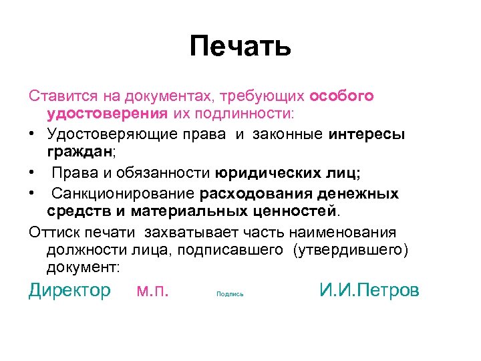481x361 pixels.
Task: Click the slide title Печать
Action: [240, 46]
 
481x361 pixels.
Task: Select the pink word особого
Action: [343, 96]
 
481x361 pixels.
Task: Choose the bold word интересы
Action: [367, 134]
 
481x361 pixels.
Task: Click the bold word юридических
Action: [265, 174]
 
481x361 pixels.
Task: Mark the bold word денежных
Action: [361, 195]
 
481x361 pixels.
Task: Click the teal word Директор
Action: [69, 290]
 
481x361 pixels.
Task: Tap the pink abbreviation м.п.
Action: [152, 290]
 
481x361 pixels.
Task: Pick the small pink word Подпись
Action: [230, 294]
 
